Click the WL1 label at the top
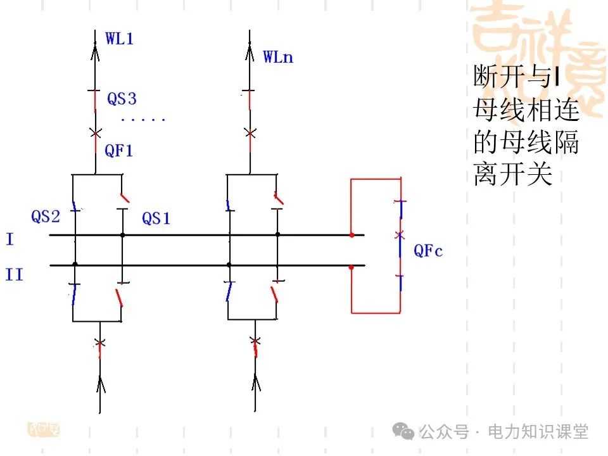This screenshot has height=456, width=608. (x=120, y=38)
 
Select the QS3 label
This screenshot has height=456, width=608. (x=122, y=99)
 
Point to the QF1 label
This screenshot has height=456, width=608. (x=119, y=151)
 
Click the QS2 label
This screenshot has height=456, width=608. (x=46, y=217)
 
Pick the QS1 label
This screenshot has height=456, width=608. (x=156, y=218)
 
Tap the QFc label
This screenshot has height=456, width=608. (x=428, y=251)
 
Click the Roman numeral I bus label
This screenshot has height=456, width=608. (x=9, y=239)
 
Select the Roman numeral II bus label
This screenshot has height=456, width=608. (x=14, y=275)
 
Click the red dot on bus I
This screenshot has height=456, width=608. (x=351, y=235)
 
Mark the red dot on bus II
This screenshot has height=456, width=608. (x=351, y=267)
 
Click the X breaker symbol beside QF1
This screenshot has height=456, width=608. (x=96, y=134)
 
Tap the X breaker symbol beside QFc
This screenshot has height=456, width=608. (x=399, y=235)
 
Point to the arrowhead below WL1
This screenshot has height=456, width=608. (x=96, y=49)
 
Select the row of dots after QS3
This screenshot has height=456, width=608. (x=143, y=120)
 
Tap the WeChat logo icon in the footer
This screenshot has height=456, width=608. (x=404, y=432)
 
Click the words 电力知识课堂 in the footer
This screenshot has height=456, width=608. (x=538, y=432)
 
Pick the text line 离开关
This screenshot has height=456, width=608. (x=513, y=174)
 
